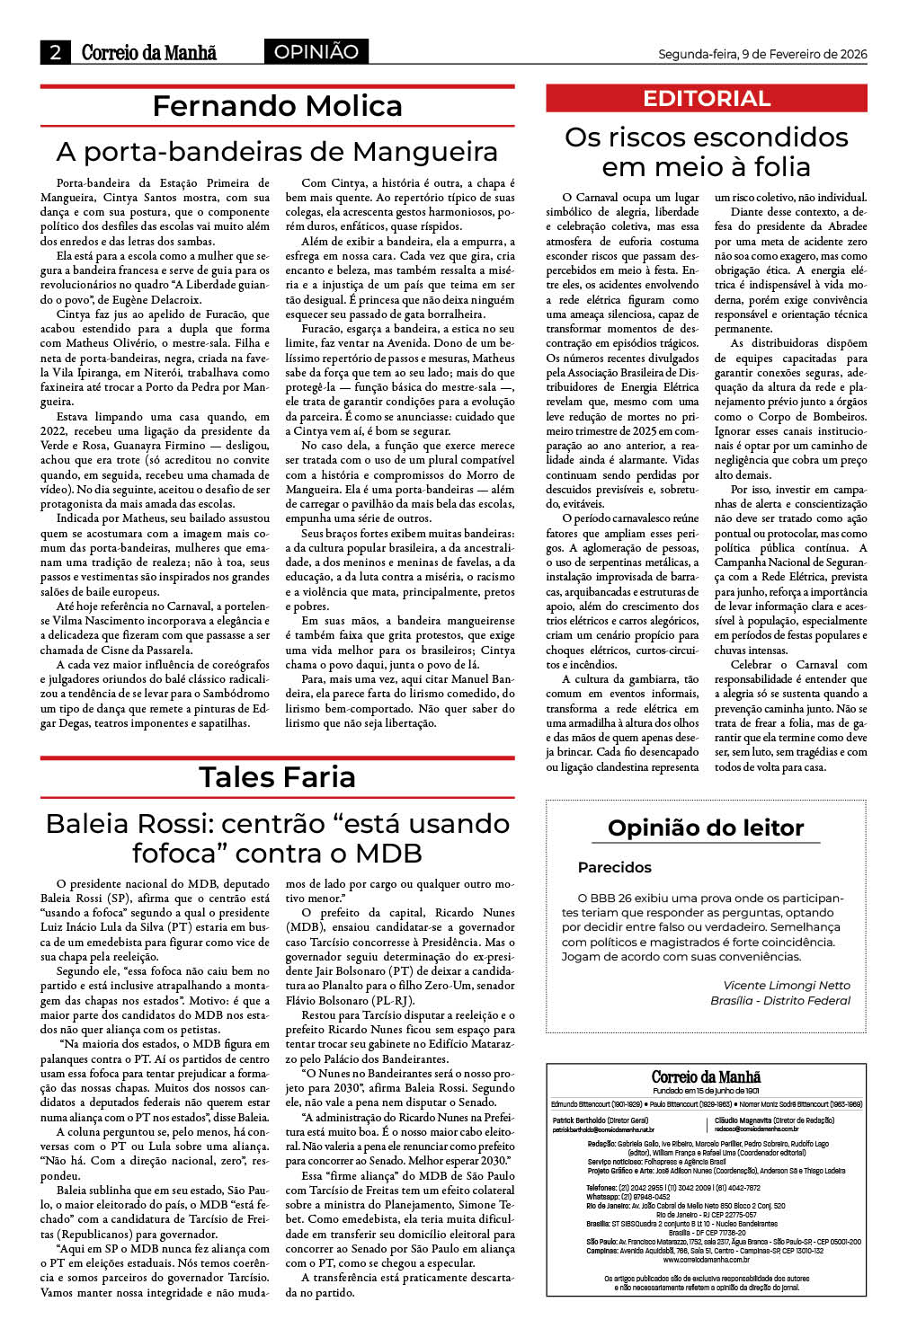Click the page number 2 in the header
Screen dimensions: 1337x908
click(55, 52)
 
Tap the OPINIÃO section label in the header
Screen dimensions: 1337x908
click(316, 52)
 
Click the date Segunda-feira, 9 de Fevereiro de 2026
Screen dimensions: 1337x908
click(762, 54)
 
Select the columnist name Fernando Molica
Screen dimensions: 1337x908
click(277, 106)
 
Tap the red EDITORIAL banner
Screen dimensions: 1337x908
click(707, 98)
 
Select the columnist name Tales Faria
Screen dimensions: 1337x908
click(277, 777)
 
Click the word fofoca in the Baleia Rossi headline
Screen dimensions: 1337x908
click(183, 853)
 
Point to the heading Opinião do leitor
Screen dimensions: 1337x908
click(706, 828)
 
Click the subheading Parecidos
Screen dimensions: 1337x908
click(615, 867)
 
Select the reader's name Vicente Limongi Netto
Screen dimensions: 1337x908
click(787, 986)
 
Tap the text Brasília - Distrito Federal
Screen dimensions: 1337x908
click(780, 1000)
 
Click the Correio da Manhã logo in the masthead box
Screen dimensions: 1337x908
click(706, 1076)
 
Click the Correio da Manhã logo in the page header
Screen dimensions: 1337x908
click(148, 52)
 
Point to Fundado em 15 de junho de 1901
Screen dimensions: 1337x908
click(706, 1091)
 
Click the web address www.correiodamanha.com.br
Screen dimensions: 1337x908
click(706, 1260)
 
